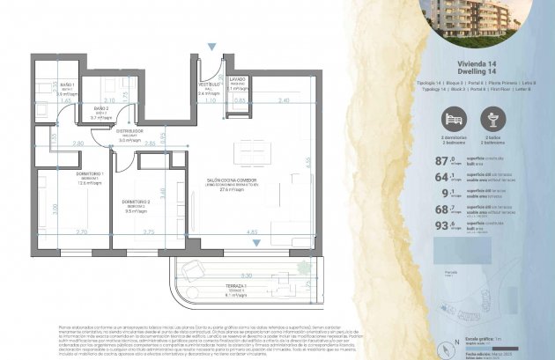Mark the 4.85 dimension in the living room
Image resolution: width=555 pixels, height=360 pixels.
253,231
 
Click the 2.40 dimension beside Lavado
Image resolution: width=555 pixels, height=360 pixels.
282,101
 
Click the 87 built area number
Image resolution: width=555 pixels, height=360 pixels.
442,160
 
